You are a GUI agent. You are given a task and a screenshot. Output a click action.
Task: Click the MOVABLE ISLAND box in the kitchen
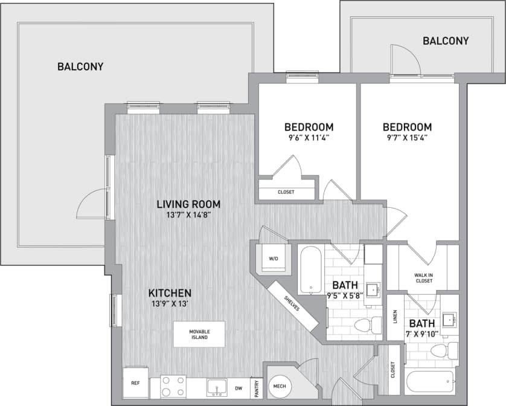[199, 334]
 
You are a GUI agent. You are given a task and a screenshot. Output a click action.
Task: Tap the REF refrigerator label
[135, 384]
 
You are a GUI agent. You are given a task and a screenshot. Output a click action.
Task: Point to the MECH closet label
[279, 385]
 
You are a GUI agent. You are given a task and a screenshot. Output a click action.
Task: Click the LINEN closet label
[395, 316]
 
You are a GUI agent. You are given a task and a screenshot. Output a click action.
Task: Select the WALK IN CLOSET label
[423, 277]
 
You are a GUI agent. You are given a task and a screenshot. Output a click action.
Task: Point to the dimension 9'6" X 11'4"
[309, 138]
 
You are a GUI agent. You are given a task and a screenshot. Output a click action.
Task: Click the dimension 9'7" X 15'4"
[407, 138]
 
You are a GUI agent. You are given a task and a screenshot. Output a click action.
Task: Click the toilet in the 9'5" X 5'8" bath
[364, 325]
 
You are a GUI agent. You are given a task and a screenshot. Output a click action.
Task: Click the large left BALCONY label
[80, 66]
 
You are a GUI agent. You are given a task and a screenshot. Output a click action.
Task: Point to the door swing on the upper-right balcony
[403, 59]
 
